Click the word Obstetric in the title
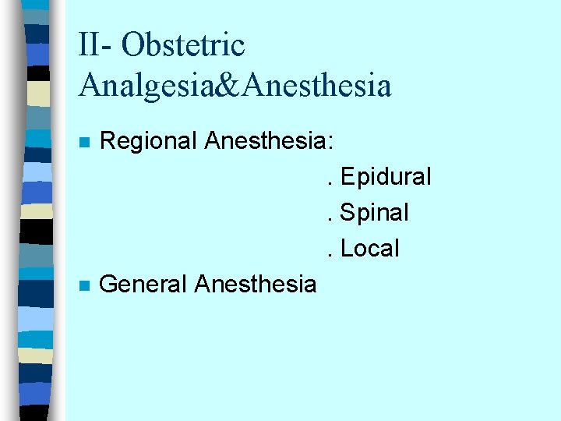tap(184, 44)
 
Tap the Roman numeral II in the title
tap(88, 44)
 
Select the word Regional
tap(149, 142)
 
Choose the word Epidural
tap(386, 177)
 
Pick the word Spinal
tap(375, 213)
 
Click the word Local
tap(370, 249)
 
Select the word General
tap(144, 285)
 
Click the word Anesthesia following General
tap(256, 285)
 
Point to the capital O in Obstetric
tap(133, 45)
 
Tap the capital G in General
tap(110, 285)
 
